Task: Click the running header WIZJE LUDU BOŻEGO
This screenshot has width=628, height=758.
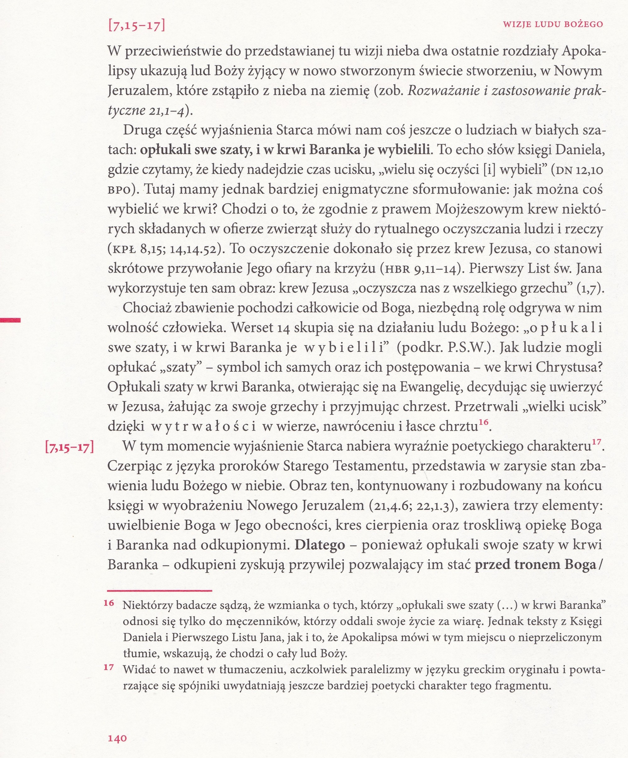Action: point(553,24)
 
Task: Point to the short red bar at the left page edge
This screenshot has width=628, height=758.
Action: point(10,319)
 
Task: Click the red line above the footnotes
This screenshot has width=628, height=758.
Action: point(160,591)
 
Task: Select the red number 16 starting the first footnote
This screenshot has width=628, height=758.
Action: point(109,603)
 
